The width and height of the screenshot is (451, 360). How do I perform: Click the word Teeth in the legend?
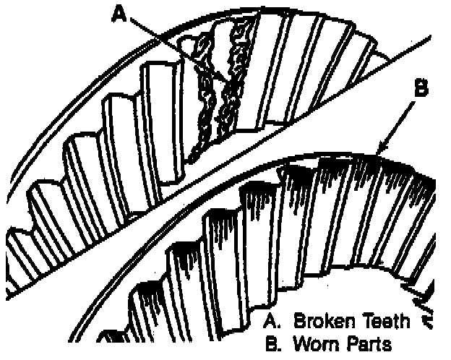pos(387,321)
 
